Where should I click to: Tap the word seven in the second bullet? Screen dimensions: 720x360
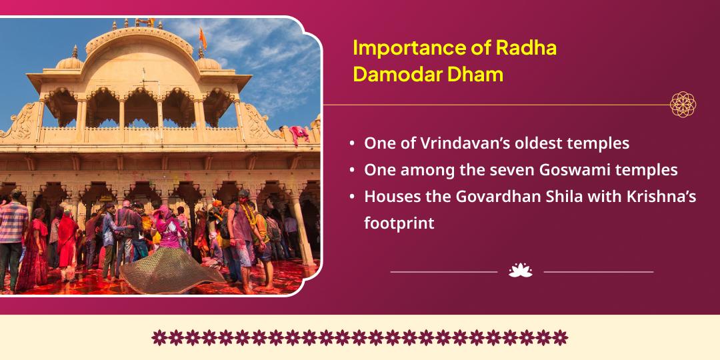(x=511, y=170)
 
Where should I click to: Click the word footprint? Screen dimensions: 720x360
(x=399, y=223)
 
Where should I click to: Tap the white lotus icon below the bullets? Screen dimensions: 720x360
(x=520, y=271)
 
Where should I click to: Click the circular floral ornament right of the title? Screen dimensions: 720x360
(x=683, y=104)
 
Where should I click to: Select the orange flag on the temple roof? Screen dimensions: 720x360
(x=203, y=39)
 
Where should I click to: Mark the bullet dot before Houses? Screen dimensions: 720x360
(x=352, y=197)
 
